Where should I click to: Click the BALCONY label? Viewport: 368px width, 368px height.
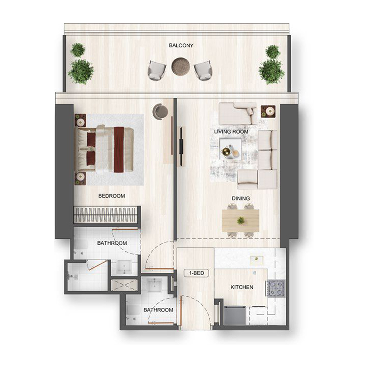(181, 46)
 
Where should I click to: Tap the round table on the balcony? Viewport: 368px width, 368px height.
(180, 66)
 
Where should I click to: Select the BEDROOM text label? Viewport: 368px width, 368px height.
(112, 196)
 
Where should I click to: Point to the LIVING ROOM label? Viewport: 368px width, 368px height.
(231, 132)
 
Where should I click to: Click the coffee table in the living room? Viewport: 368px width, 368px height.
(230, 151)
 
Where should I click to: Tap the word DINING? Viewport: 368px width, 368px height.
(241, 199)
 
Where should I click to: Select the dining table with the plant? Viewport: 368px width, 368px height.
(241, 221)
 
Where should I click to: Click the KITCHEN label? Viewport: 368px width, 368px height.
(242, 287)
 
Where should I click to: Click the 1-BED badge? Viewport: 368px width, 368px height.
(196, 273)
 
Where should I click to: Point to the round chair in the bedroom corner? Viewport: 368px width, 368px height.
(160, 110)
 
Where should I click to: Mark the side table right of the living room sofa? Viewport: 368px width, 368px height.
(268, 111)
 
